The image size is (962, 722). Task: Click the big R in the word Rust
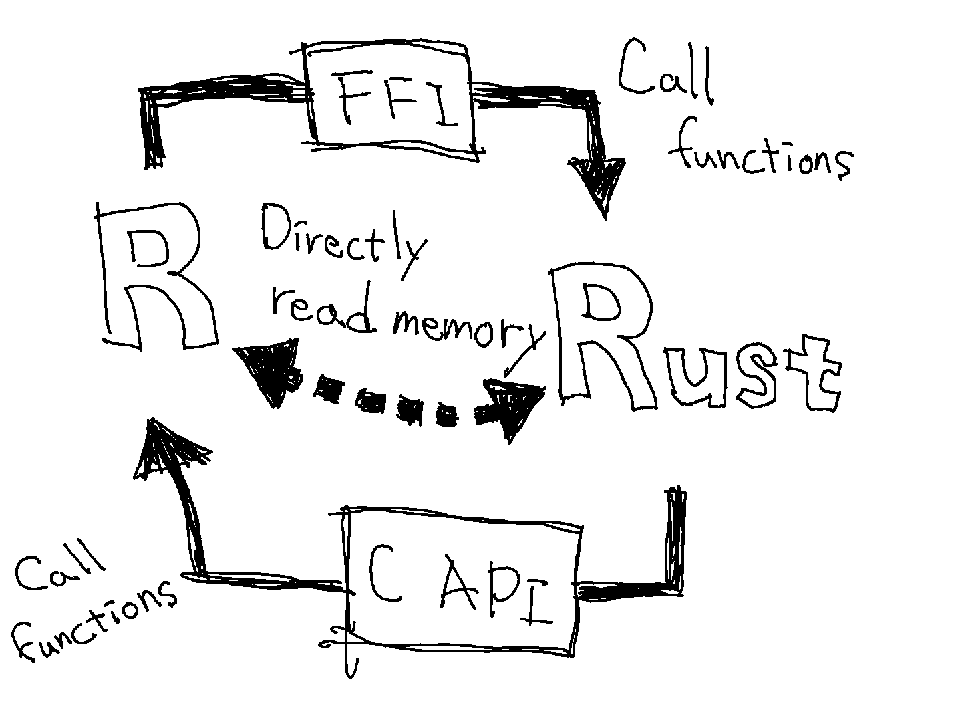point(601,334)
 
